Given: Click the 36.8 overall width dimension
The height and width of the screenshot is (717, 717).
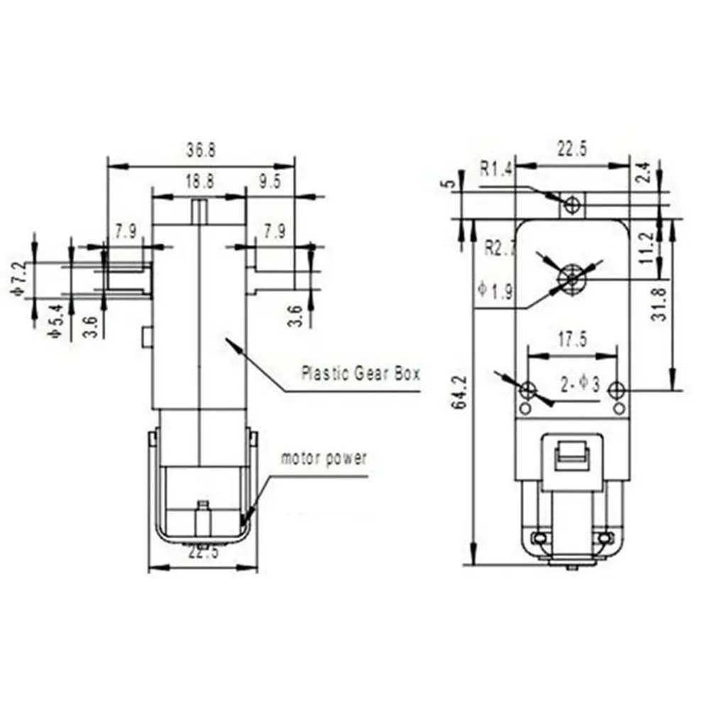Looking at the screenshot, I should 201,150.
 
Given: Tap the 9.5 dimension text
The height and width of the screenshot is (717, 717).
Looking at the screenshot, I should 269,181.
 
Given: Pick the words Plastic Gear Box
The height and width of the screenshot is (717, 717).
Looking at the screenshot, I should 361,373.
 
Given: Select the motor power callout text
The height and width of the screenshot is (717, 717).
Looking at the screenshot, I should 324,458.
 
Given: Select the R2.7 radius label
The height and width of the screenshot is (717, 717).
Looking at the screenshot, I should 499,248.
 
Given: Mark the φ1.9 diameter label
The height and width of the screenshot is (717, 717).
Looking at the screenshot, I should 495,291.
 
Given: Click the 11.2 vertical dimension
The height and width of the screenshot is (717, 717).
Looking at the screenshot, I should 645,248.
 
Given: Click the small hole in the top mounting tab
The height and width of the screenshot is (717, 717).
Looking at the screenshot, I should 572,205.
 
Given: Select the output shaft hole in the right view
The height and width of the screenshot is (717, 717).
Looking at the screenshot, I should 570,278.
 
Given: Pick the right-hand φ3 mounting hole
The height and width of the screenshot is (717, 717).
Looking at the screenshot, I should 618,390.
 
